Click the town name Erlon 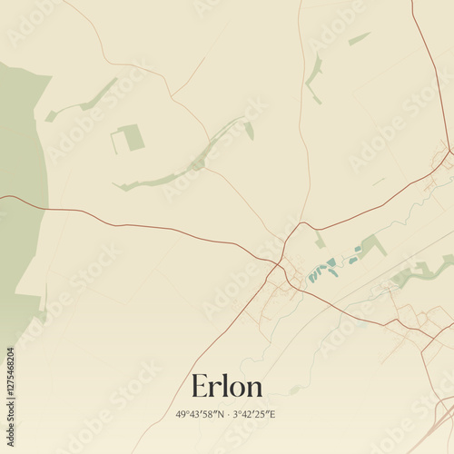227,387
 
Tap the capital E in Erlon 200,387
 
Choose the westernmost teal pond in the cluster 311,276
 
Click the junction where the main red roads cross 283,263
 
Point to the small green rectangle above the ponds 320,241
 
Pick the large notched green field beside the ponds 372,245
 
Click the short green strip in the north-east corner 360,38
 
